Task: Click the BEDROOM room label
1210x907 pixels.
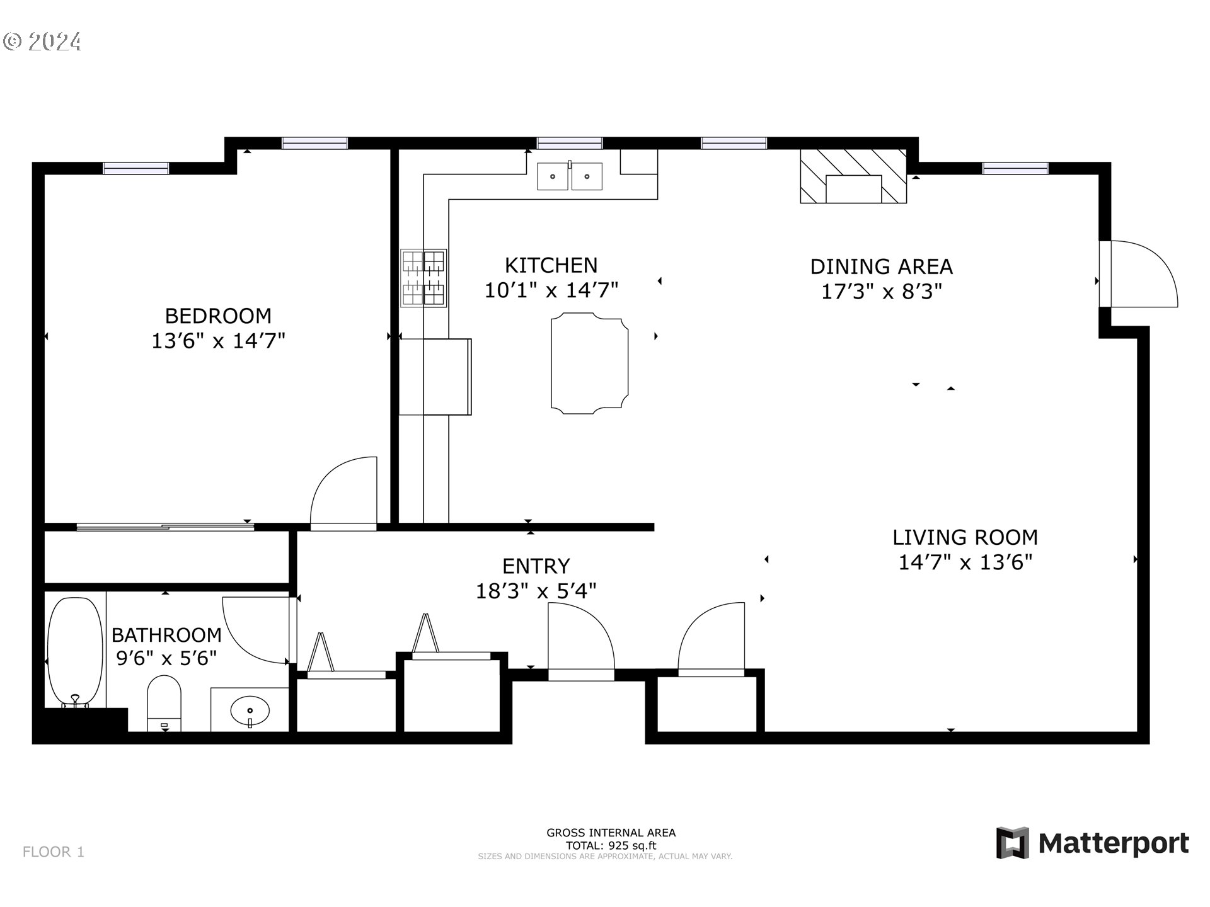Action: coord(218,316)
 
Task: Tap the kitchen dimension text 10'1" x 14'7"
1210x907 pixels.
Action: coord(551,290)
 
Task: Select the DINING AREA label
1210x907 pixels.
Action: coord(881,266)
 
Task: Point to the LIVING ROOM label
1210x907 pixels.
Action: coord(965,537)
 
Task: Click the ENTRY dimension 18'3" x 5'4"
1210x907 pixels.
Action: coord(536,591)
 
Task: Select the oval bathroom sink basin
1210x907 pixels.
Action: coord(250,712)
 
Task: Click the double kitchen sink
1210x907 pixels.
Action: coord(569,176)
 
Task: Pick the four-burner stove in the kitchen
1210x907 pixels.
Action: coord(423,278)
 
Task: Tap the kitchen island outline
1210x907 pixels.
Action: coord(589,365)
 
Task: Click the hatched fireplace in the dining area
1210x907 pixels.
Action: coord(853,176)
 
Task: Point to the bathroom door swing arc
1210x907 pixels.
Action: coord(255,630)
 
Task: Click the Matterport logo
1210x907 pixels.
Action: coord(1092,843)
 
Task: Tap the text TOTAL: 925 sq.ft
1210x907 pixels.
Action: coord(611,846)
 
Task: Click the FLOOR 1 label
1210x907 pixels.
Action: coord(54,852)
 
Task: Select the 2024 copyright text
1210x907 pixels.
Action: coord(43,42)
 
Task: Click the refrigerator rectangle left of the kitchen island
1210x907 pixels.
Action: coord(435,377)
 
